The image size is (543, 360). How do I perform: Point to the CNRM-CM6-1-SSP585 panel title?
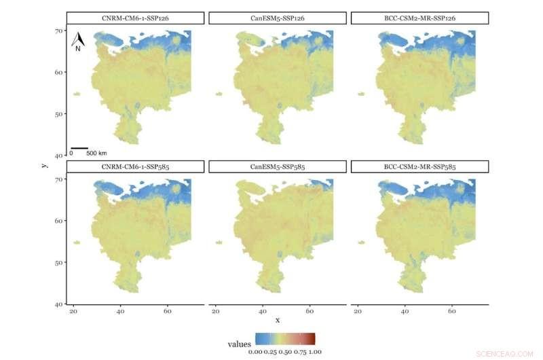[135, 166]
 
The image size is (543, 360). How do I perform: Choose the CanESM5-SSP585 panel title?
[278, 166]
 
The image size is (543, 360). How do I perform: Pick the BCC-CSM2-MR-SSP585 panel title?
[419, 166]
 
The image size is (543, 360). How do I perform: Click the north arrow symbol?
[78, 41]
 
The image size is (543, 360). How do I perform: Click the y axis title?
[43, 163]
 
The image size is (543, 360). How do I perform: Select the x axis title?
[277, 319]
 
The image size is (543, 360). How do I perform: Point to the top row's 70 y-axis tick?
[59, 31]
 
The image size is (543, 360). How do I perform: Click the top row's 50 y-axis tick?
[59, 114]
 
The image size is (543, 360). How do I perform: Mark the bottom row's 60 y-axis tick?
[59, 221]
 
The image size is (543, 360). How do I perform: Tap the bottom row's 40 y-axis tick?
[59, 304]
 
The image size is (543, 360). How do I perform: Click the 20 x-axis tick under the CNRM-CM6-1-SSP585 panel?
[73, 311]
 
